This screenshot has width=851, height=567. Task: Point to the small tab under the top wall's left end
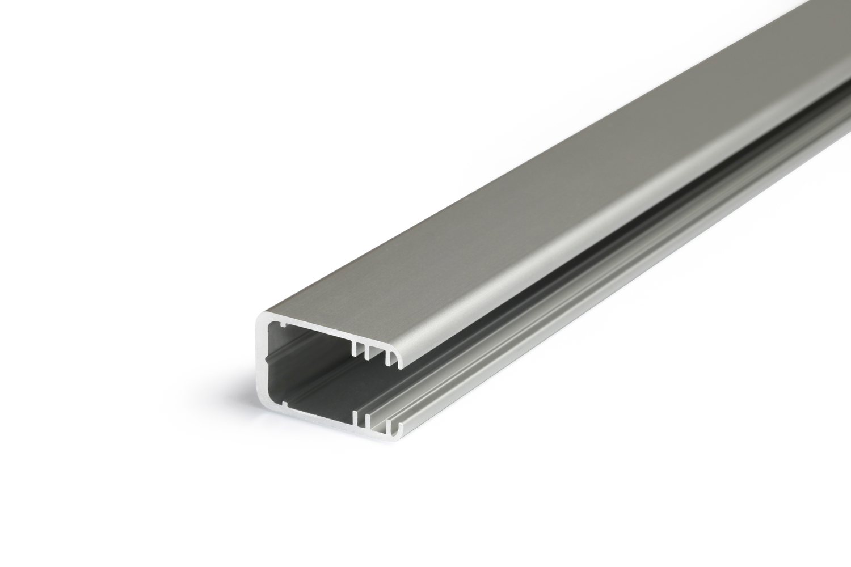(x=277, y=326)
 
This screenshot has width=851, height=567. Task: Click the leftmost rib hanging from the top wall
(x=355, y=348)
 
